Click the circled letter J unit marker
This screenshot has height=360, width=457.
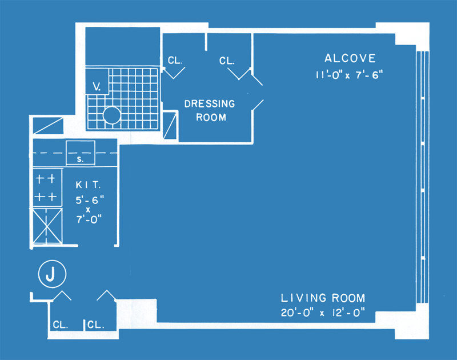tap(52, 274)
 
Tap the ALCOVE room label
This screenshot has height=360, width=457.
tap(350, 58)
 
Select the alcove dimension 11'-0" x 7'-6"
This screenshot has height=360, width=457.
tap(349, 75)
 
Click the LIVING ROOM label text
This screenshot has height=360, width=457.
tap(323, 298)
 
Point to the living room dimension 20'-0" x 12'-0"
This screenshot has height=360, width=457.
tap(323, 313)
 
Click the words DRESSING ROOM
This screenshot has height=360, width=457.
tap(210, 110)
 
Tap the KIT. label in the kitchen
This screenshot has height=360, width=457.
tap(88, 185)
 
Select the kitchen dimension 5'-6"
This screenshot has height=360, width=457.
tap(90, 200)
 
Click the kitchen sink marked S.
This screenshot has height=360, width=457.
tap(81, 153)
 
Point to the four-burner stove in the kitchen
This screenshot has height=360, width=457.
tap(47, 187)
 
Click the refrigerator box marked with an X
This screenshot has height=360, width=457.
tap(47, 226)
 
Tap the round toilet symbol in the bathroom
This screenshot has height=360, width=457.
tap(111, 115)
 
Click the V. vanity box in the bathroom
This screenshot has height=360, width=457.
tap(97, 81)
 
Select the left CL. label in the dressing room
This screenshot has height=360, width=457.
tap(175, 61)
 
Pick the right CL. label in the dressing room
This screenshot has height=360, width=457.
tap(227, 61)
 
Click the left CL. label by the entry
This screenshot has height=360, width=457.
tap(61, 325)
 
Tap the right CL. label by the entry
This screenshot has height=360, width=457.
tap(96, 325)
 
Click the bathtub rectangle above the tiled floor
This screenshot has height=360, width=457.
tap(123, 46)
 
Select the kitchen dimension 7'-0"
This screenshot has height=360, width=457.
tap(89, 219)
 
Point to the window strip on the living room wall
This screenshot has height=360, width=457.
tap(423, 177)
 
